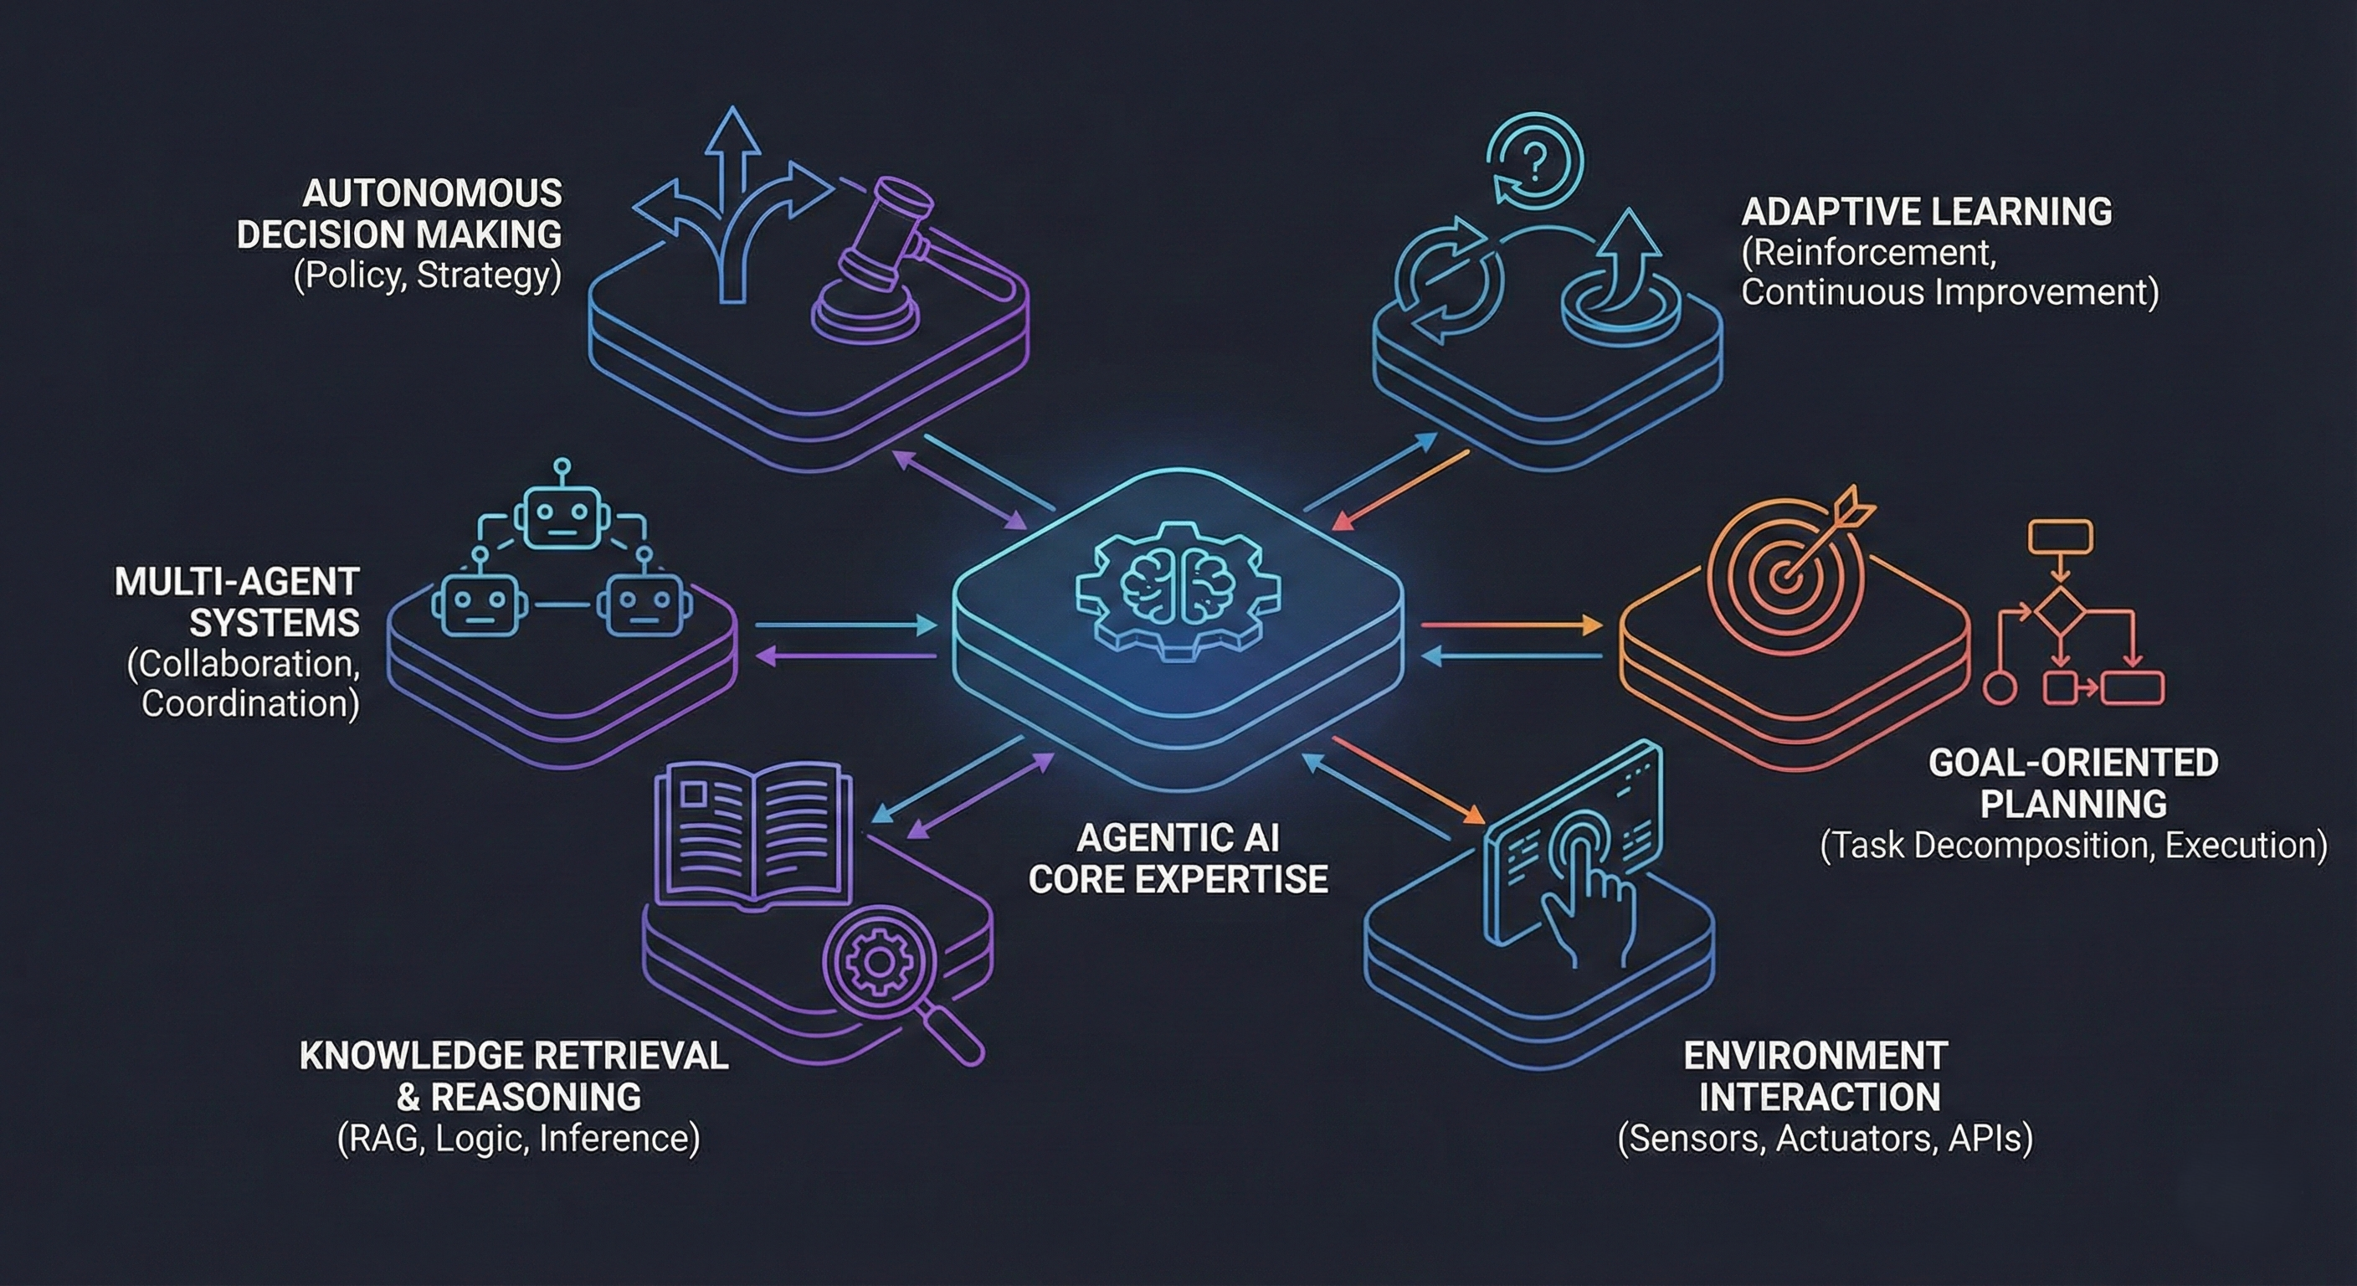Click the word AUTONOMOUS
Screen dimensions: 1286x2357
pyautogui.click(x=432, y=194)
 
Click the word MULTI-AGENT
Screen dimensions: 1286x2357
pyautogui.click(x=237, y=582)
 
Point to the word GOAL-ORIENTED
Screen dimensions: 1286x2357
pyautogui.click(x=2072, y=764)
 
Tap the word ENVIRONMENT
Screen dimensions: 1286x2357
pyautogui.click(x=1815, y=1057)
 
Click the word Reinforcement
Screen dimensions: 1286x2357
pyautogui.click(x=1867, y=254)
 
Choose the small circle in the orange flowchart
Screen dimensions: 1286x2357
pyautogui.click(x=2000, y=687)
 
